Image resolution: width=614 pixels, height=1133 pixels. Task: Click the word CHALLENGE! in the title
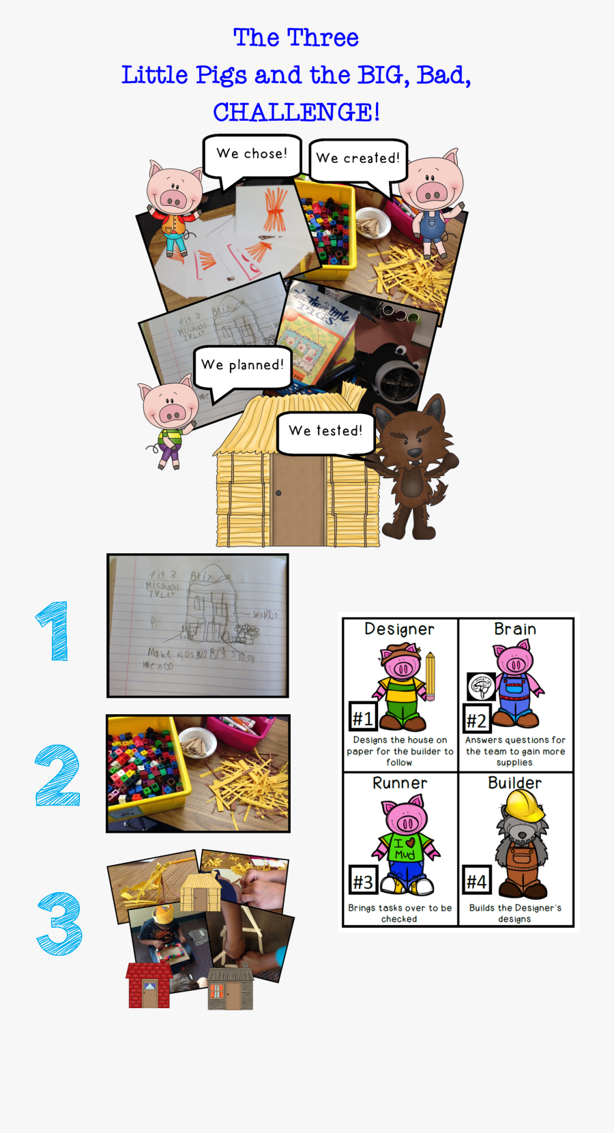296,113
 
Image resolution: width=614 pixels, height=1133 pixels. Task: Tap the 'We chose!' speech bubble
252,155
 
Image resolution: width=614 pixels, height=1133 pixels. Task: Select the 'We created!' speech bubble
357,159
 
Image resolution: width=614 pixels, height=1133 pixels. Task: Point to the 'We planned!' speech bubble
242,366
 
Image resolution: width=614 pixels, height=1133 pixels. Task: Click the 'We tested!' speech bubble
325,432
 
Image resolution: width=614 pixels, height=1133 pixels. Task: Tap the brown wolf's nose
413,452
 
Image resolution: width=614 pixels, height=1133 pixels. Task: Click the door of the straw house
297,499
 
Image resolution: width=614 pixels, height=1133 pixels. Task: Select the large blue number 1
54,631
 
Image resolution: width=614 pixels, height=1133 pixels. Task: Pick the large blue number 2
57,776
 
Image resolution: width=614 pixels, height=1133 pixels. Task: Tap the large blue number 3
60,923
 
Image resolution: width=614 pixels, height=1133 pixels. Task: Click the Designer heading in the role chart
399,629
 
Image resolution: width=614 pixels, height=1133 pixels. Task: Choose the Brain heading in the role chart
515,629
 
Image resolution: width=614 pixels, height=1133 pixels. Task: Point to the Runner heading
400,783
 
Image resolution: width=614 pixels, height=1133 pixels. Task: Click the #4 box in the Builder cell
476,881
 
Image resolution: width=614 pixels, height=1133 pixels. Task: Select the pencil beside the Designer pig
430,676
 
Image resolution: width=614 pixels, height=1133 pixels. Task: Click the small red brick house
148,985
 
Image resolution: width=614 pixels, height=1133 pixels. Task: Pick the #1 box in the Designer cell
362,718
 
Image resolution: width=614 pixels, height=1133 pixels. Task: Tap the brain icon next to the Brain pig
481,686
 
